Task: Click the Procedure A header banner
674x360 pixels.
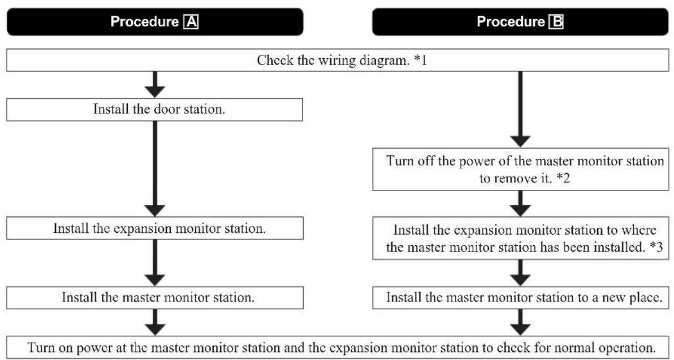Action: click(x=154, y=22)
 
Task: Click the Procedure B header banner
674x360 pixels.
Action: click(x=520, y=22)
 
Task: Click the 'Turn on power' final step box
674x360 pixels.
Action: click(x=337, y=346)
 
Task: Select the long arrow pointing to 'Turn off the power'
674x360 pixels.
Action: click(x=520, y=110)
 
